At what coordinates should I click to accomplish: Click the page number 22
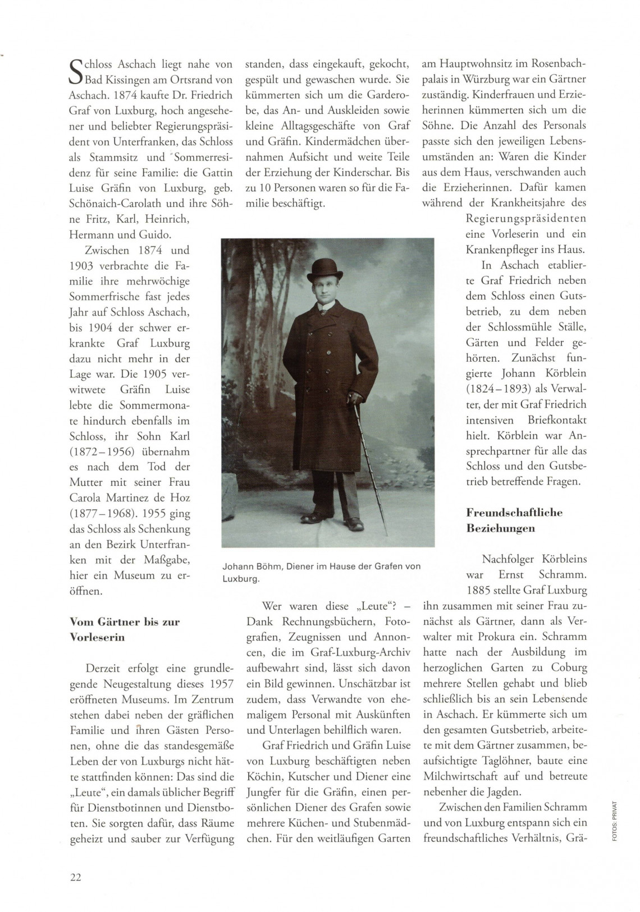coord(75,878)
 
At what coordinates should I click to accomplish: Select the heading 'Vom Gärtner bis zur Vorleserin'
coord(125,629)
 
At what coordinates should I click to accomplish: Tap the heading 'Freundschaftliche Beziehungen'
coord(514,520)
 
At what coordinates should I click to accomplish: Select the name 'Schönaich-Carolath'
coord(126,203)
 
